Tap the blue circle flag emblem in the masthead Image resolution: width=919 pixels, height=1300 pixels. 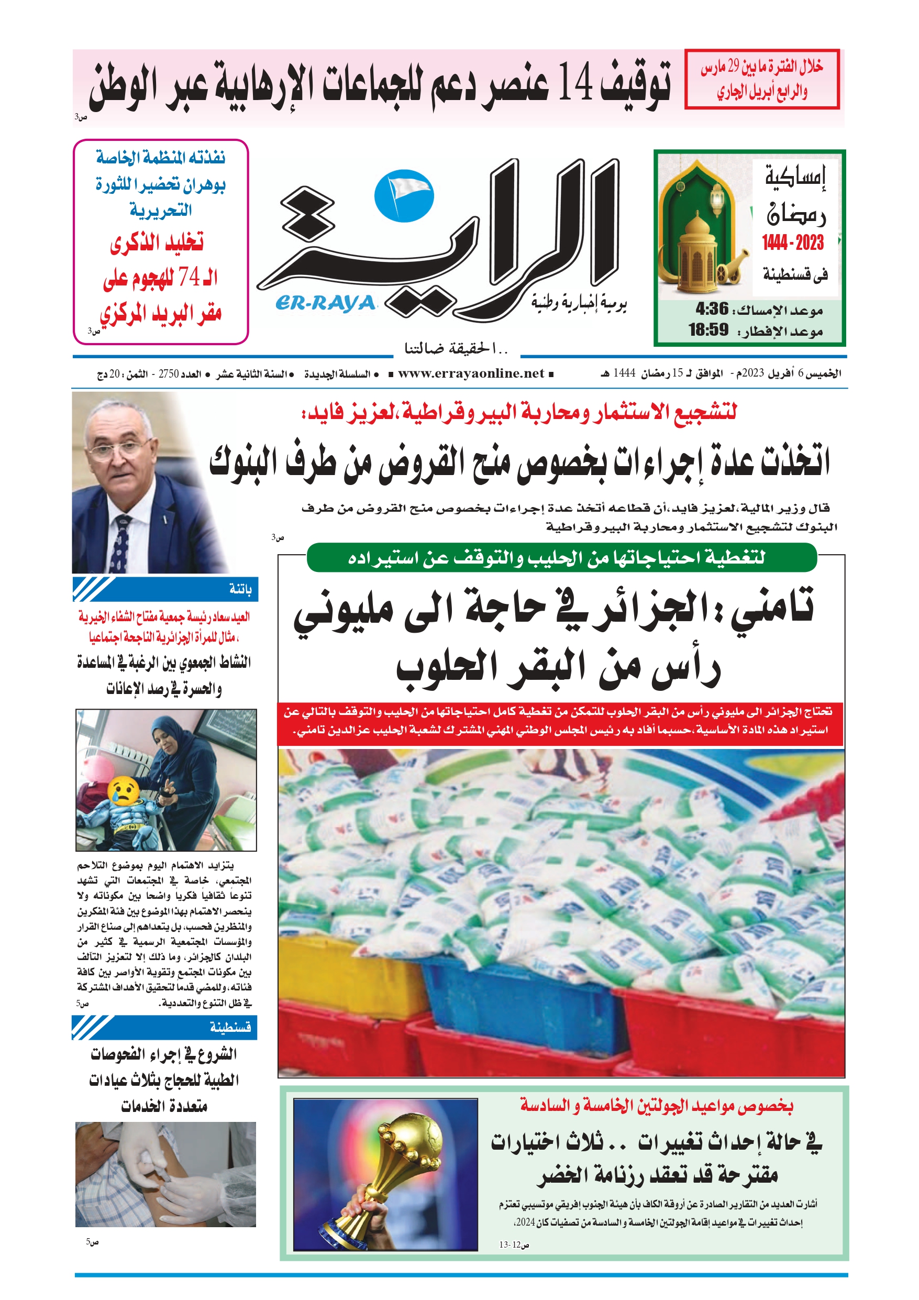(404, 195)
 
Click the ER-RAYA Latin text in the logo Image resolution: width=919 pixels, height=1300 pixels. (326, 303)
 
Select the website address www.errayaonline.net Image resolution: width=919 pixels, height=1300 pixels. (471, 373)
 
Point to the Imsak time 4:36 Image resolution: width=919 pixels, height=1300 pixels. (712, 309)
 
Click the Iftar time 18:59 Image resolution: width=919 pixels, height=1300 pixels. (708, 329)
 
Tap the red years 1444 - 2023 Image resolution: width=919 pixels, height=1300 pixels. (793, 243)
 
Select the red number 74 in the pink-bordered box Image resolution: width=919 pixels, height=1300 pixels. (189, 277)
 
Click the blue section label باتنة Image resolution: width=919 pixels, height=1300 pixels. (240, 589)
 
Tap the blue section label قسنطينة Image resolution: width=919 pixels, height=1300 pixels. (230, 1027)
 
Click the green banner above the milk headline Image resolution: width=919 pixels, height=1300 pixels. (561, 558)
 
